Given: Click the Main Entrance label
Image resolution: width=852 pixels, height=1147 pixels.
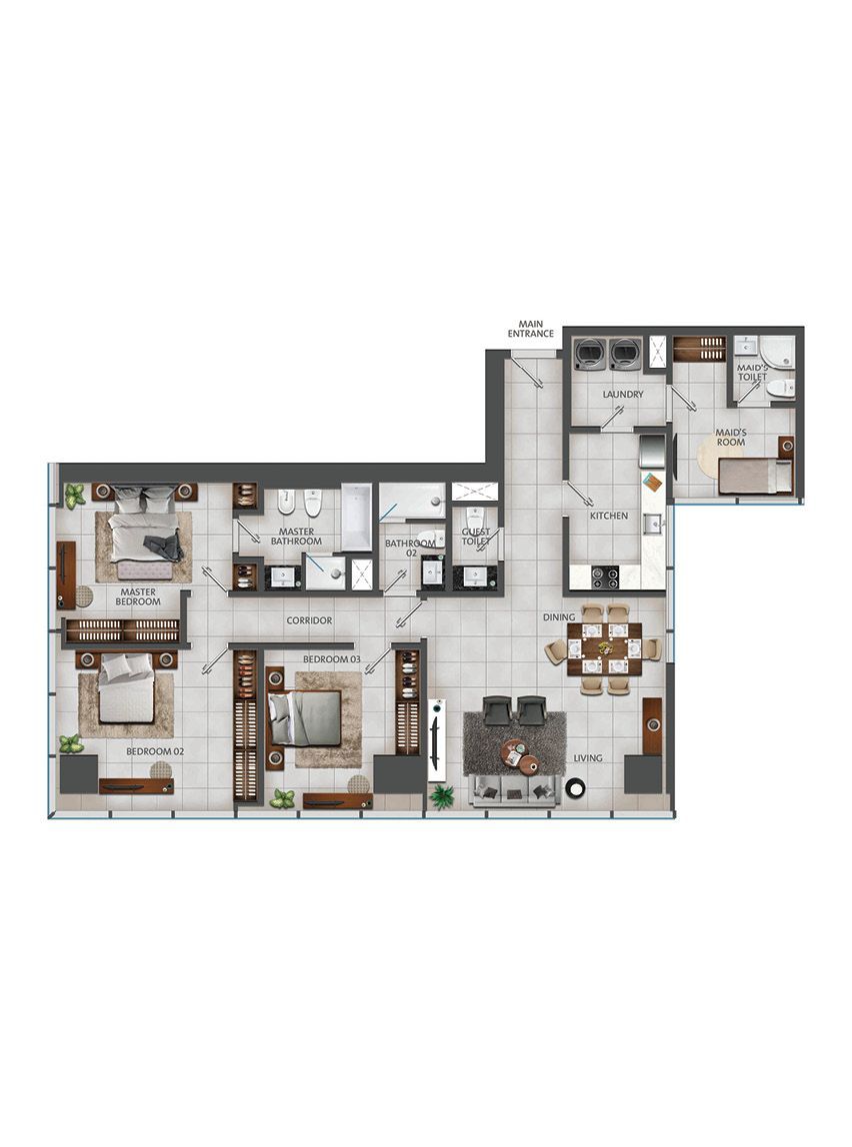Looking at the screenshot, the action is (531, 329).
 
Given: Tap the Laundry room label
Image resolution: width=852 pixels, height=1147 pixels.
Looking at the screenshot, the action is (623, 395).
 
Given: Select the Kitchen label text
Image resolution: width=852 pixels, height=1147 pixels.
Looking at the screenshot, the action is (609, 516).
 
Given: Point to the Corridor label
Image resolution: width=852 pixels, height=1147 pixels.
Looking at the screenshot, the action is (309, 620).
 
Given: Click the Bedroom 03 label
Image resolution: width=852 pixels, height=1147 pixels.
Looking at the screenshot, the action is (332, 659).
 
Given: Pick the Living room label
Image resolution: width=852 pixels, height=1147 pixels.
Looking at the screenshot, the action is (588, 757).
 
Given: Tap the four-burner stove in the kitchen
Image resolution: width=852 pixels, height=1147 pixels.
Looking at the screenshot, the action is (605, 576).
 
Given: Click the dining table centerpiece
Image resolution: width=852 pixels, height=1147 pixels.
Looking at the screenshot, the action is (605, 647).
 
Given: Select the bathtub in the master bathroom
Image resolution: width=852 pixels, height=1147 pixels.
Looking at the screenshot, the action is (356, 517).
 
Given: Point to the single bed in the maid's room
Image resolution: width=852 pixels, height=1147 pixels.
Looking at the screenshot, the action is (755, 476).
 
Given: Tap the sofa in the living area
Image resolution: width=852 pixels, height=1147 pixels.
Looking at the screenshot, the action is (512, 791).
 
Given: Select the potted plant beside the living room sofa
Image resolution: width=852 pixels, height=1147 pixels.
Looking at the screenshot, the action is (441, 796).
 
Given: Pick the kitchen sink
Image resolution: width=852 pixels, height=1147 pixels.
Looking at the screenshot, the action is (653, 524).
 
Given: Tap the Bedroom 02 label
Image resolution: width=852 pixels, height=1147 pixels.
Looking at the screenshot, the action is (155, 751).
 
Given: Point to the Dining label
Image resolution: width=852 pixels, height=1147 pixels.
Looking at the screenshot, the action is (559, 617).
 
